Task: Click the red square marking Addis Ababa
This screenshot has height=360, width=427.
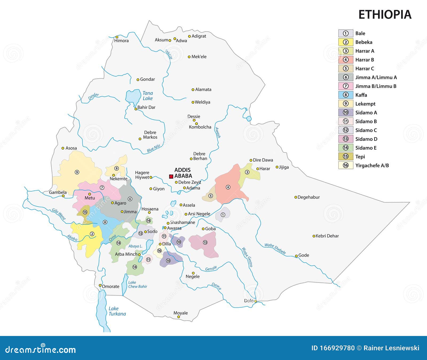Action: (171, 176)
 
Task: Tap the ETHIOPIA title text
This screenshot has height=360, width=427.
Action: (385, 15)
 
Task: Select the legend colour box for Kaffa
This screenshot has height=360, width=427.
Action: (346, 95)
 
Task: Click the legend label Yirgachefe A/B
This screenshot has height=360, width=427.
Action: (372, 166)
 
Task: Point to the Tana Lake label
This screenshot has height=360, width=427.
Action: (148, 96)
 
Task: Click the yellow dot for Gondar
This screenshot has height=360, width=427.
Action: (138, 80)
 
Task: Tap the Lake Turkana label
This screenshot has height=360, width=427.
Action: (117, 311)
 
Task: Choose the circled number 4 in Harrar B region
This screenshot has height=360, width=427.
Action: (228, 187)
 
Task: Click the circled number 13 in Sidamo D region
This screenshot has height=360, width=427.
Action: (205, 242)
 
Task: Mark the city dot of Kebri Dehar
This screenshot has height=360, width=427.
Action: (314, 236)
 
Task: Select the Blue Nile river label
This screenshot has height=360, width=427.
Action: (153, 148)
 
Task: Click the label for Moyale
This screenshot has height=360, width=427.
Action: (181, 313)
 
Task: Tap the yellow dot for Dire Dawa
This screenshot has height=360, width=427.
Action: (251, 161)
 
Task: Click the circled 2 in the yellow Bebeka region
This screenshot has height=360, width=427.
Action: (92, 234)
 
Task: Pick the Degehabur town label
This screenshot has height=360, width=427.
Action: (309, 197)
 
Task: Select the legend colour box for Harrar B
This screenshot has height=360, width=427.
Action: (346, 60)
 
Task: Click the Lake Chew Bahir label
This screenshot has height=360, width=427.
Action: (137, 284)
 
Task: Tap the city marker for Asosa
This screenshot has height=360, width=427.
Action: (63, 148)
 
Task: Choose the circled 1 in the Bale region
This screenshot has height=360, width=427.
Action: (223, 215)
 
